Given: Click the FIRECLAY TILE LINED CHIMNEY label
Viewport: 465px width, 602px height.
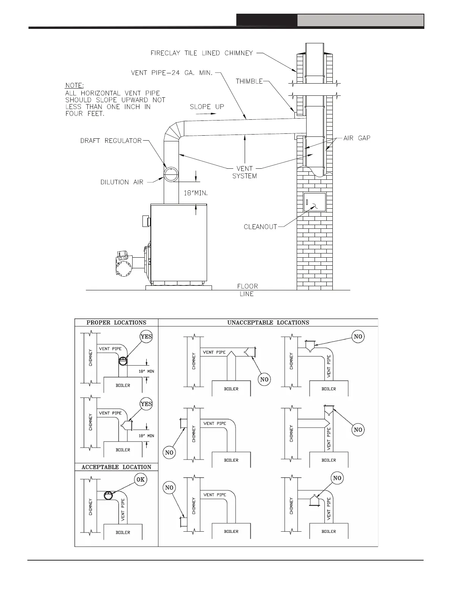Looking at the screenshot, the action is coord(201,53).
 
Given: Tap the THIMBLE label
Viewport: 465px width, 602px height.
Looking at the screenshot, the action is coord(249,81).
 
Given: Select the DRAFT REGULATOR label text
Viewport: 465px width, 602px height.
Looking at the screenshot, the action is coord(111,141).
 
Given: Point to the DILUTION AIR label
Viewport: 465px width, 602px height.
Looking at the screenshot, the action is coord(122,182).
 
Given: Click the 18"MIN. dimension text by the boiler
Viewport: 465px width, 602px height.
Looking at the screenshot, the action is coord(196,193).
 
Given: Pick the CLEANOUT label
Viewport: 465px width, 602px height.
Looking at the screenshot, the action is coord(260,227).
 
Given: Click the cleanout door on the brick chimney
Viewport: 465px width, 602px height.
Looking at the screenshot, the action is coord(315,202).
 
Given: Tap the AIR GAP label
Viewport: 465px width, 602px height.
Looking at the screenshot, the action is coord(357,138).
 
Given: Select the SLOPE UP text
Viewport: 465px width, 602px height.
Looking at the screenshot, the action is coord(207,107).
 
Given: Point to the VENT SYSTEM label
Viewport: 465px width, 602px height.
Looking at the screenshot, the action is coord(244,172).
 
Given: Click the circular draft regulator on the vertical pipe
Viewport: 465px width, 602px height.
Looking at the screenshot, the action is coord(171,174).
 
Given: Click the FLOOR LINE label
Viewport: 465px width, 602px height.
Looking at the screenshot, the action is coord(247,290).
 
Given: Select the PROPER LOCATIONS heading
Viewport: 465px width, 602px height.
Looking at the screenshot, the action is coord(116,323).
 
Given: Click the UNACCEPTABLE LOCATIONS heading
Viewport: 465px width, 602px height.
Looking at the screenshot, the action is coord(268,323).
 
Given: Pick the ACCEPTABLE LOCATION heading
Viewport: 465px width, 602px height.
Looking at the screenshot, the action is coord(116,467).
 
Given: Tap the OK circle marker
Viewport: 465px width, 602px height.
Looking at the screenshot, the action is coord(141,479).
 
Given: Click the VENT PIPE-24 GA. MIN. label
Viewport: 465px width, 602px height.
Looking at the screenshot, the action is coord(171,73).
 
